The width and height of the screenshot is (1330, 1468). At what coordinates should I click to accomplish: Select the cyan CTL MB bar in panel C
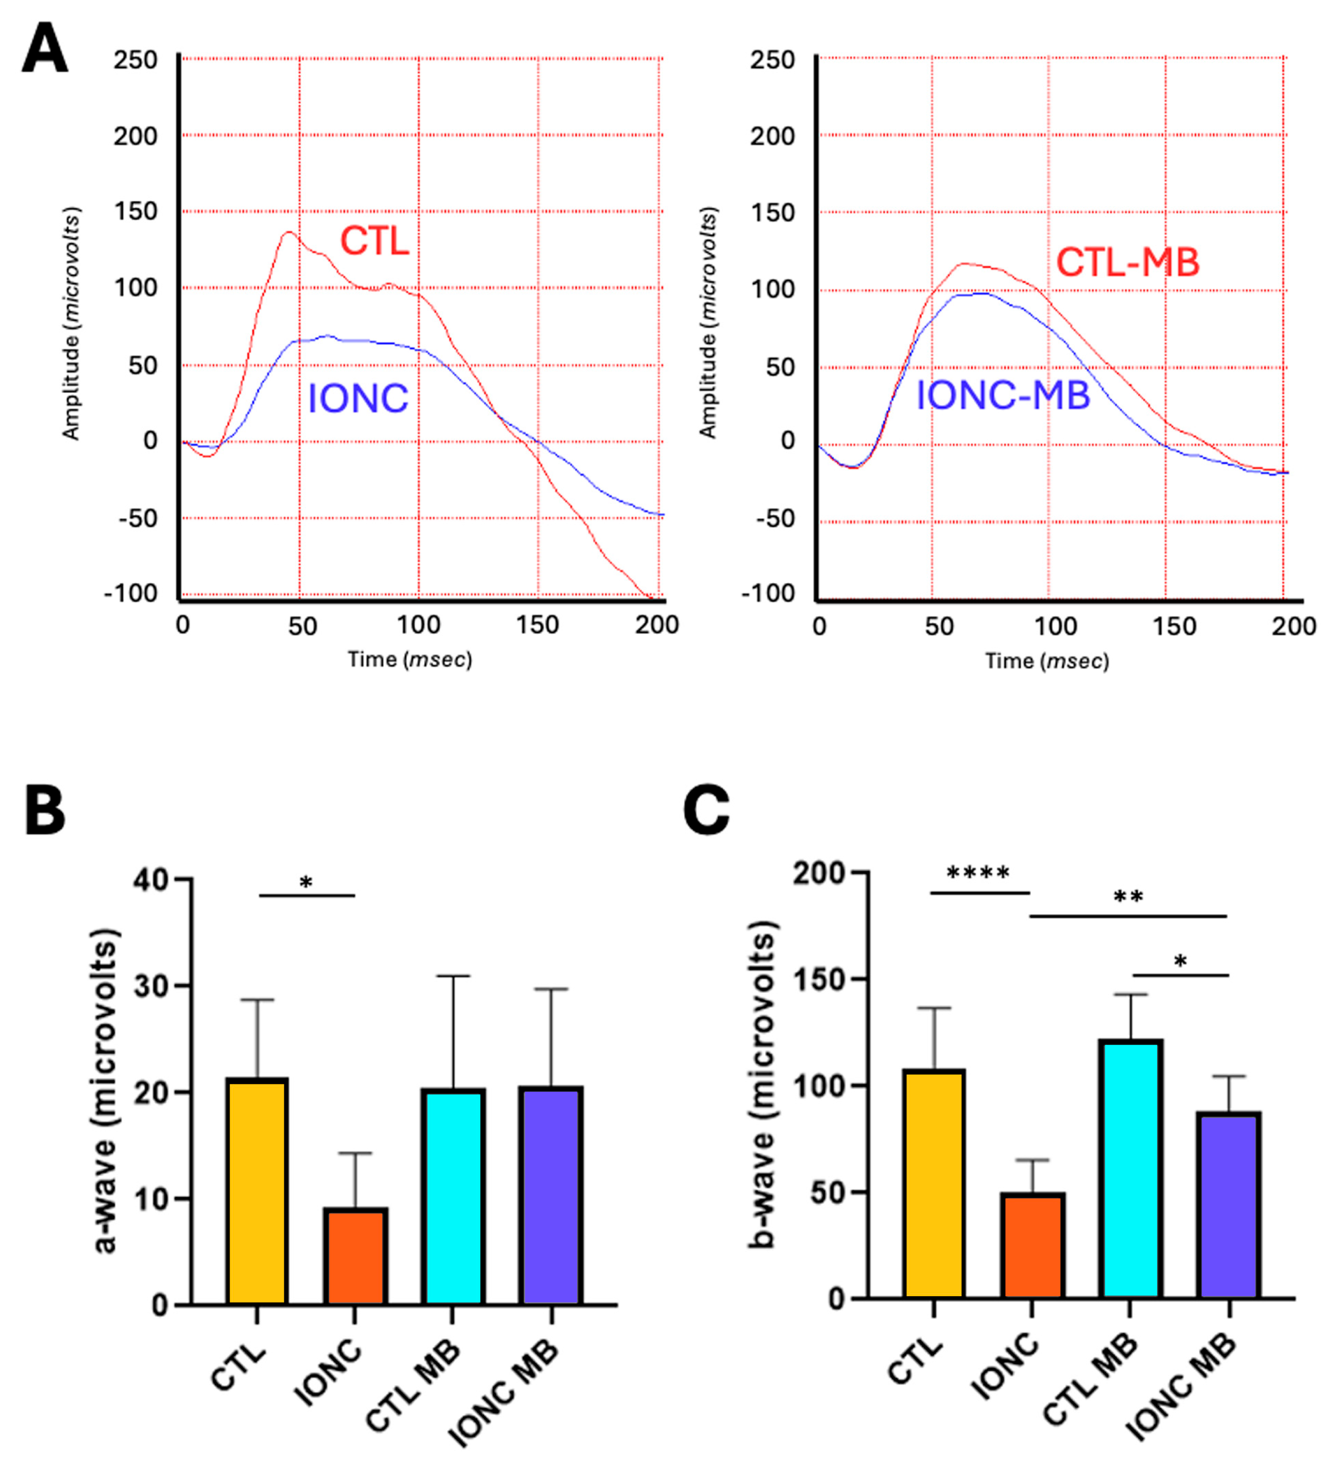[x=1131, y=1169]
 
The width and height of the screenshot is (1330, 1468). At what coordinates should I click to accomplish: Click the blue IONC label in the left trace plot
[x=357, y=399]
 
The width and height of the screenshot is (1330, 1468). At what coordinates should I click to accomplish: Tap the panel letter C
[x=706, y=811]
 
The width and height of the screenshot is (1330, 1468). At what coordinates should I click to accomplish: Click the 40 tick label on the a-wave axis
[x=151, y=881]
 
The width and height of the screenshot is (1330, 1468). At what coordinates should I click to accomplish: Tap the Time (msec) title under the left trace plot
[x=409, y=660]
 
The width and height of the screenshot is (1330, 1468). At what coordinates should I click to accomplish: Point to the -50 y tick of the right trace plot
[x=775, y=519]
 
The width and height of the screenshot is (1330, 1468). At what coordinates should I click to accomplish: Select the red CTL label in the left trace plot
[x=374, y=240]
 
